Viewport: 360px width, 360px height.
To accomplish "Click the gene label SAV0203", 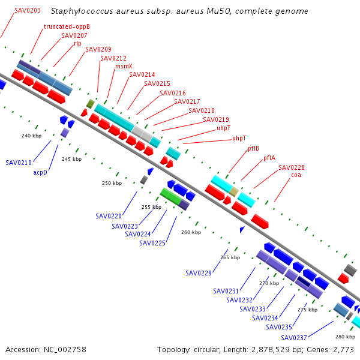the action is [x=28, y=10].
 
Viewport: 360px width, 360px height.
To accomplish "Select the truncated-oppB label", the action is [x=67, y=26].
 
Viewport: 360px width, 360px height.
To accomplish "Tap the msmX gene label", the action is [x=124, y=66].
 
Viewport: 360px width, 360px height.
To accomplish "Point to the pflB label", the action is [x=253, y=149].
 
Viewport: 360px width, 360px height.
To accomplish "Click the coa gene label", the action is [x=296, y=175].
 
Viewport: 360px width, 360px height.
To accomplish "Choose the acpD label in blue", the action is [x=40, y=172].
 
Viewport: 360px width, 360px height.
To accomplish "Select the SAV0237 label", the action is [x=294, y=338].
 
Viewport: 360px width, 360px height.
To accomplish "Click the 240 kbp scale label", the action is [x=31, y=136].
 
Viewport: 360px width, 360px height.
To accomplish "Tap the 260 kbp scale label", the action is [x=191, y=232].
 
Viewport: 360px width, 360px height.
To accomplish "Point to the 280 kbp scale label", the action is [x=346, y=337].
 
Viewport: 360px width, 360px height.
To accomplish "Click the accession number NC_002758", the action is [x=65, y=350].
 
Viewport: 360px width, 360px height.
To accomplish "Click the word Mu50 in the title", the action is [x=218, y=11].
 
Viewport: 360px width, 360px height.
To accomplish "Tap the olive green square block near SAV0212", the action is [x=91, y=104].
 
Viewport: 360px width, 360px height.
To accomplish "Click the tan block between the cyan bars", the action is [x=234, y=192].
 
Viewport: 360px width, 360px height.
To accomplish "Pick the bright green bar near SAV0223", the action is [x=171, y=196].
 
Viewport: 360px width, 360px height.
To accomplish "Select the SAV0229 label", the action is [x=199, y=273].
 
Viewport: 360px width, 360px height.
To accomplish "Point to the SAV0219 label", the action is [x=216, y=119].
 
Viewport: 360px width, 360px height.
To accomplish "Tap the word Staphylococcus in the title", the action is [x=82, y=11].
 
